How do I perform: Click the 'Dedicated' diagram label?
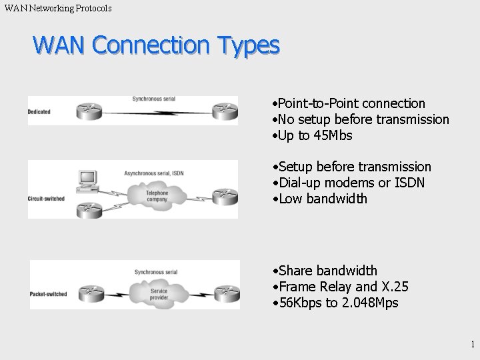pos(39,111)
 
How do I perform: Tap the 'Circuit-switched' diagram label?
pos(45,199)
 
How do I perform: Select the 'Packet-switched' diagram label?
pos(48,293)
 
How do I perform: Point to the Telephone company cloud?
pos(157,195)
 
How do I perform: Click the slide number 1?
pos(472,345)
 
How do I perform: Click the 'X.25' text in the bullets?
pos(395,287)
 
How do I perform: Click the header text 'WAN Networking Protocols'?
pos(58,8)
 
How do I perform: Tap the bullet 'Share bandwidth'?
pos(327,271)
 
